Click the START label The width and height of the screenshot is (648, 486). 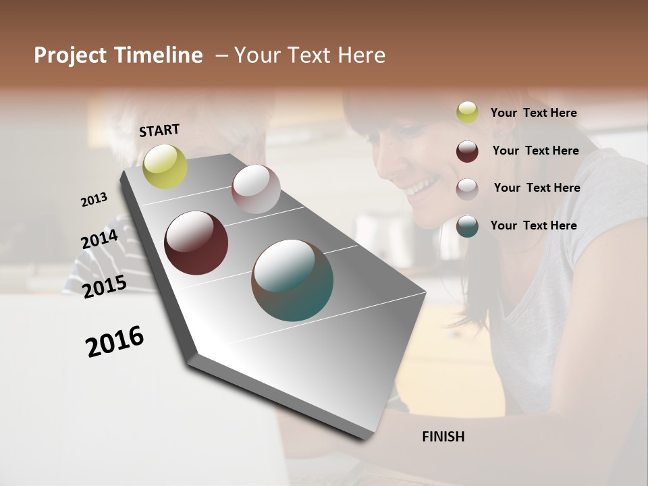coord(159,130)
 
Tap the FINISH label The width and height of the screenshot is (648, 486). coord(443,437)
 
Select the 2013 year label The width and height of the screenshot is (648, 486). coord(94,200)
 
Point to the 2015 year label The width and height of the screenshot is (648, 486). coord(104,287)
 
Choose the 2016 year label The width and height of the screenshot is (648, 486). coord(115,342)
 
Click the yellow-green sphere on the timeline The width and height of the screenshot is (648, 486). coord(165,167)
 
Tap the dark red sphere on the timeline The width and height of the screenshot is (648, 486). coord(196,243)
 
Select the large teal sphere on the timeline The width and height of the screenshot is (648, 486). coord(292,280)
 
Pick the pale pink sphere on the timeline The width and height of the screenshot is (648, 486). coord(256,189)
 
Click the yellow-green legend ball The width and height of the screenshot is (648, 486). coord(467,112)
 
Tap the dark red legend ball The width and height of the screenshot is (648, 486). coord(467,151)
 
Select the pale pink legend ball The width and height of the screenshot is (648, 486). coord(467,189)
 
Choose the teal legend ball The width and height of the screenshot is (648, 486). coord(467,226)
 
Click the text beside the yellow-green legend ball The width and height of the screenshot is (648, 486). coord(533,113)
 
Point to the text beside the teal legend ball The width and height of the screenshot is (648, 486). coord(533,225)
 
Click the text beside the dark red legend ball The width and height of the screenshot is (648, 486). coord(535,151)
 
